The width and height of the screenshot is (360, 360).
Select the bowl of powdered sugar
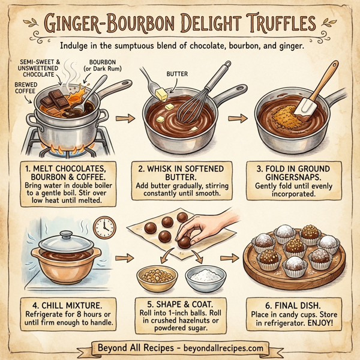tap(204, 277)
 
